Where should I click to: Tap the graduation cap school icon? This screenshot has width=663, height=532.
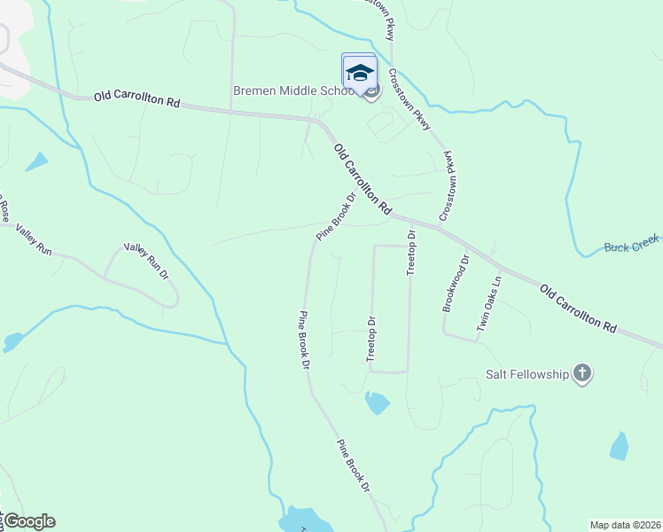(359, 71)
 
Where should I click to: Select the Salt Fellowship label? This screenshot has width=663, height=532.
(526, 374)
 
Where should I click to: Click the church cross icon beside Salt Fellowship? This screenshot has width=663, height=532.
(582, 373)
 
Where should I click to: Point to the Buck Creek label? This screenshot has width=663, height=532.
(633, 247)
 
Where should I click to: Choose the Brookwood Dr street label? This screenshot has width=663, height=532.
(456, 284)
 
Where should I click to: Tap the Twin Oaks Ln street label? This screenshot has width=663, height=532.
(489, 303)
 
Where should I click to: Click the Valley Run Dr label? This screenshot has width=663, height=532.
(145, 262)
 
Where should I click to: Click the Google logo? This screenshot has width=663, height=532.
(30, 521)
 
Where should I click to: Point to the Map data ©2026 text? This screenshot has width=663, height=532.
(624, 525)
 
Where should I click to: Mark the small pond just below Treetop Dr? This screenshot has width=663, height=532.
(377, 403)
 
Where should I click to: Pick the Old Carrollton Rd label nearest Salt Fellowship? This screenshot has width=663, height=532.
(578, 308)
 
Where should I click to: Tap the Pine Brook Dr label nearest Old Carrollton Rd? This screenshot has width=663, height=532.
(336, 215)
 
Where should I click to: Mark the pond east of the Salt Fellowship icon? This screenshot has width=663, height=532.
(620, 446)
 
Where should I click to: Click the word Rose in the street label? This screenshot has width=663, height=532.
(4, 210)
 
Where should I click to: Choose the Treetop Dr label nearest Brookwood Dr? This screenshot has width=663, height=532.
(411, 253)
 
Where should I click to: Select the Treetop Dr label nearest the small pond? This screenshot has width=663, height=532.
(372, 340)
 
